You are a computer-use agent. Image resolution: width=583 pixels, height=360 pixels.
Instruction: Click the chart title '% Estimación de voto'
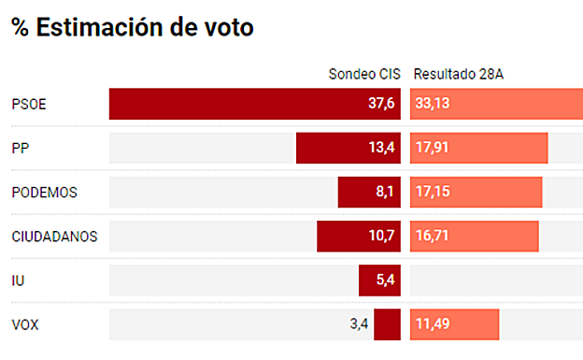tap(132, 27)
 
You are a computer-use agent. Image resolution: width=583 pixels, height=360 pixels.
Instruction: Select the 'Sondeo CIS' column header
tap(363, 74)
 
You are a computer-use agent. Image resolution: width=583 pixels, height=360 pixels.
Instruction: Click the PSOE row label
tap(29, 104)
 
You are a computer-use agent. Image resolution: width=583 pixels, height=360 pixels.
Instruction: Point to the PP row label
tap(21, 148)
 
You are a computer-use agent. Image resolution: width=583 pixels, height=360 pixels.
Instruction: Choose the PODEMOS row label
tap(45, 192)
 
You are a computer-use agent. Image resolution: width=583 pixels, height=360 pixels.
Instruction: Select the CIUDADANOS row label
tap(54, 236)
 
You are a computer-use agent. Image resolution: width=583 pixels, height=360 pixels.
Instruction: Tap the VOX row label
tap(24, 324)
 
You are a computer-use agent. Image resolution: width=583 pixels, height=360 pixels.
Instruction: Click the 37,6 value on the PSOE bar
tap(381, 104)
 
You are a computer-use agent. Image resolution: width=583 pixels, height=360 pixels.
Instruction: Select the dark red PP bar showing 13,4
tap(348, 148)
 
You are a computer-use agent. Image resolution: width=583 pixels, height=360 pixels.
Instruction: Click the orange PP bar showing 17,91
tap(478, 148)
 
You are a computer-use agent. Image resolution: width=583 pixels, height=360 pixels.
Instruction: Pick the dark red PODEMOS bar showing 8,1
tap(368, 192)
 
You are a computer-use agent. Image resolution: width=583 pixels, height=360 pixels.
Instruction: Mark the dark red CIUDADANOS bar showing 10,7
tap(358, 236)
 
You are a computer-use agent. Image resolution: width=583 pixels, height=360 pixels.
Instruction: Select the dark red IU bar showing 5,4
tap(379, 280)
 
